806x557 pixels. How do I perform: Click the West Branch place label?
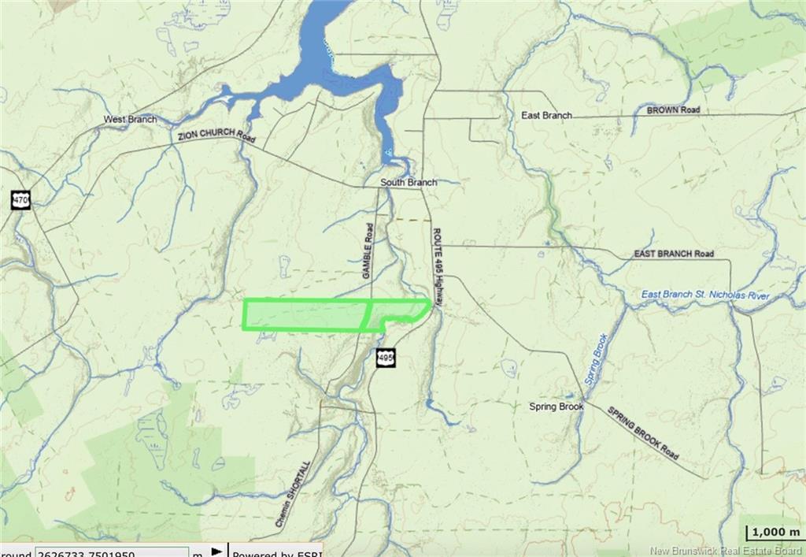[x=130, y=119]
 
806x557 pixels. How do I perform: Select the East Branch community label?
[x=546, y=115]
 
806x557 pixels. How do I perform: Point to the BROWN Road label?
[x=673, y=111]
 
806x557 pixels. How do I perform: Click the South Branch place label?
[x=408, y=183]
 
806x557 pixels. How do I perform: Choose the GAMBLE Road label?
[x=367, y=250]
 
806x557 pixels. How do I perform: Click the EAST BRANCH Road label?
[x=674, y=254]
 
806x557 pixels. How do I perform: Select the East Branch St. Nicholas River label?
[x=704, y=295]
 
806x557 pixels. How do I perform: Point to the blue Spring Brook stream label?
[x=598, y=358]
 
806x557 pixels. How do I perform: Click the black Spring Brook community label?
[x=556, y=407]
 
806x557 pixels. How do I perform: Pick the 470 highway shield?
[x=20, y=200]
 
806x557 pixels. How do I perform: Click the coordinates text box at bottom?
[x=110, y=551]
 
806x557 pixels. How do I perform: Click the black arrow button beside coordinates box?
[x=216, y=551]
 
